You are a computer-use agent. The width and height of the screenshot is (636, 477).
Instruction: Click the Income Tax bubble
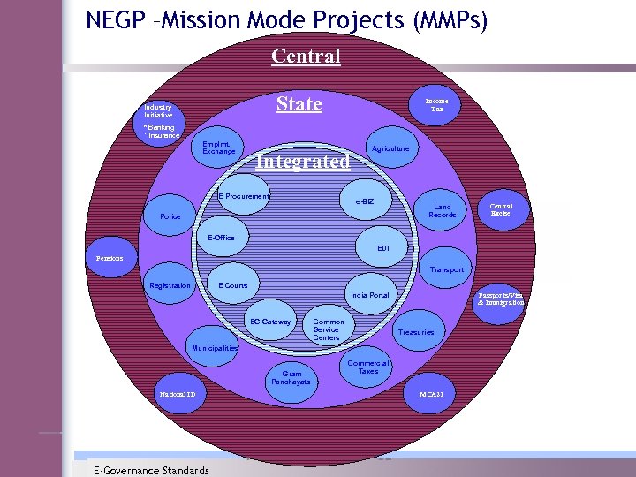coord(437,105)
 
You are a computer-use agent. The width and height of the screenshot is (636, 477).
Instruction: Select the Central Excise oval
coord(501,210)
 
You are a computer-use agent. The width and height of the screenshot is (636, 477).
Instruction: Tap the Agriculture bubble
coord(390,148)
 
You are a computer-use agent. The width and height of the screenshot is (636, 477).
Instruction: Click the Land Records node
coord(443,211)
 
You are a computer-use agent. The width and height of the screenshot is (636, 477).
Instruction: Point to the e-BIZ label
coord(365,202)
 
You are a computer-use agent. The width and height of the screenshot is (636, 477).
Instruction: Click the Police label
coord(170,216)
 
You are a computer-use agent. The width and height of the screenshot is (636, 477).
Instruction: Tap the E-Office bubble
coord(221,238)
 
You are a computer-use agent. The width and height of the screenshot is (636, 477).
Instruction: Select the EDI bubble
coord(382,248)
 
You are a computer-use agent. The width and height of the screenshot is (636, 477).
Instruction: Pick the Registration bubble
coord(170,285)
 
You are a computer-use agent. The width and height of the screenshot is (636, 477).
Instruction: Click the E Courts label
coord(233,285)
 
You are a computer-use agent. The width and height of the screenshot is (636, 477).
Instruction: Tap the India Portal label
coord(369,295)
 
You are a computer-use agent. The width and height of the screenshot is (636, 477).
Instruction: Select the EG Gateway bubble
coord(270,322)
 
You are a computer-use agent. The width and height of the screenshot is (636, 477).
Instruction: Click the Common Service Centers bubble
coord(329,329)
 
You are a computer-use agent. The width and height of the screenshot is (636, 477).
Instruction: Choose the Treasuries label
coord(416,332)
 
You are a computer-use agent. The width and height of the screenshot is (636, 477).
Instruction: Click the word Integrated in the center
coord(302,162)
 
